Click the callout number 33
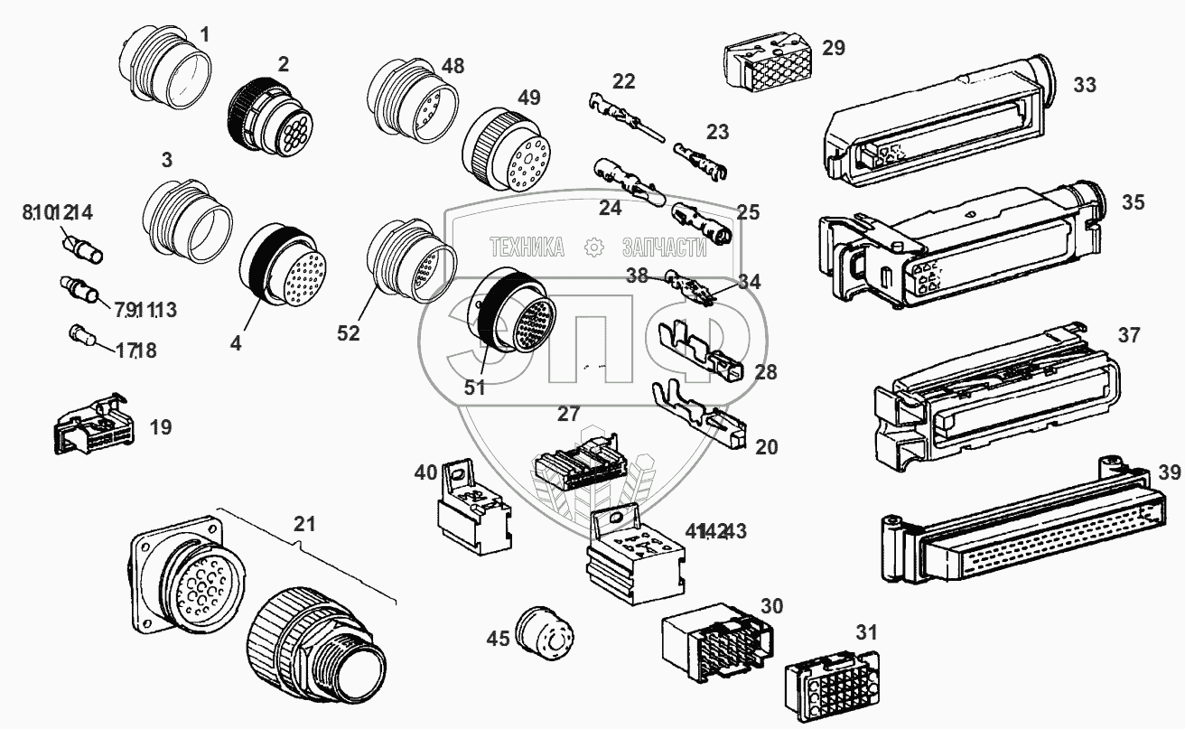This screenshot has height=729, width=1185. pos(1085,86)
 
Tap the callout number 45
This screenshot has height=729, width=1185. pos(498,639)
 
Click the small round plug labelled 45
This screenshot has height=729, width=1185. pos(540,629)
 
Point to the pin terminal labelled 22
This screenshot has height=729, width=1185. pos(625,117)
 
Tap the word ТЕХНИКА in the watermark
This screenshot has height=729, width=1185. pos(527,247)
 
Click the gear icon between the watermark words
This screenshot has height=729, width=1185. pos(593,247)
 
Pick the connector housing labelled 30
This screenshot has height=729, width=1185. pos(720,643)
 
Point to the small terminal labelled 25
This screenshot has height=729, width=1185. pos(699,223)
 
